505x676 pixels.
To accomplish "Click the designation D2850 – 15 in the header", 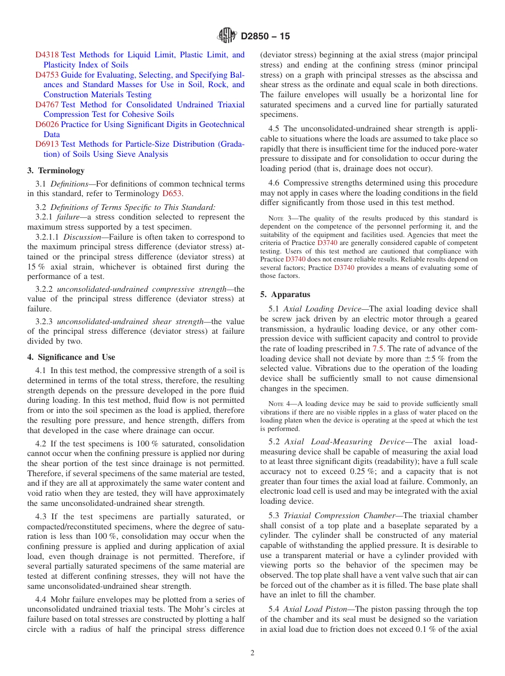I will [x=265, y=37].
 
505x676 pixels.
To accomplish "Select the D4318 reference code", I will [x=47, y=55].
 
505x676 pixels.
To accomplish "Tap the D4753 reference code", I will [x=47, y=75].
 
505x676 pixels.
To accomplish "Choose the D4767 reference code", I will [x=47, y=105].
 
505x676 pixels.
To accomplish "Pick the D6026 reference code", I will [x=47, y=124].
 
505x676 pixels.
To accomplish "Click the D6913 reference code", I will [x=47, y=144].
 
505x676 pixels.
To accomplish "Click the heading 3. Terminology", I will [x=56, y=171].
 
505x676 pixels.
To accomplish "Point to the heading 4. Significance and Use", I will [x=71, y=357].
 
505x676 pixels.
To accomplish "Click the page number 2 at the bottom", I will [x=252, y=653].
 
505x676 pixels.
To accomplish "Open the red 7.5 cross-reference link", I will [x=377, y=349].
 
